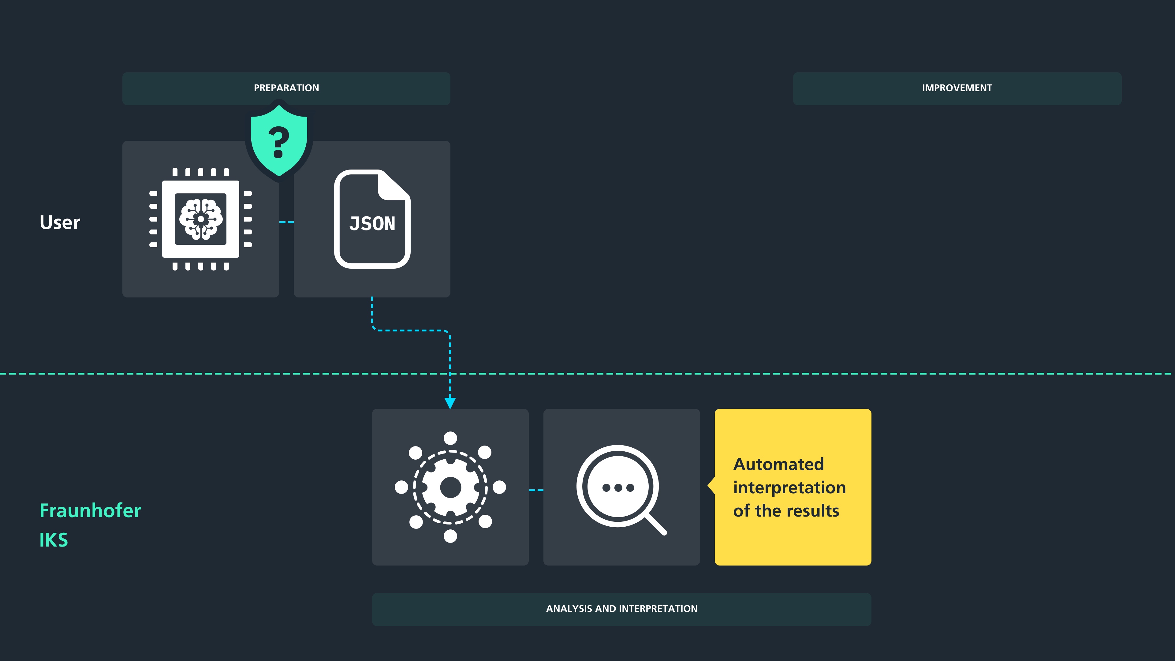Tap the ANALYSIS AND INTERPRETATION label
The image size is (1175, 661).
tap(622, 609)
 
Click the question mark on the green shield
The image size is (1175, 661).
tap(279, 142)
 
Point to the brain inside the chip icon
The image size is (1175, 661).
tap(201, 219)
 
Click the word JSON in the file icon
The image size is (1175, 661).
tap(372, 224)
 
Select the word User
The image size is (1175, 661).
tap(60, 222)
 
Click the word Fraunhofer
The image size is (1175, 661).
tap(90, 510)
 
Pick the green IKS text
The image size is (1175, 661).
tap(54, 540)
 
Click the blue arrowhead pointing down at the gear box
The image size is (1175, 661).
tap(450, 403)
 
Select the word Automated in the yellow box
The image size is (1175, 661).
tap(779, 465)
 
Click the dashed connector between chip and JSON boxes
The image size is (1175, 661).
tap(286, 222)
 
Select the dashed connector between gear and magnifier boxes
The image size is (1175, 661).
tap(536, 490)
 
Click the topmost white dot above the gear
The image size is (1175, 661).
tap(450, 438)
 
